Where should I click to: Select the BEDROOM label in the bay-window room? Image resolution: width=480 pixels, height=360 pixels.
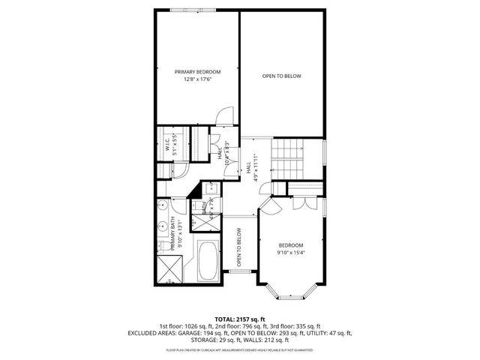pyautogui.click(x=291, y=245)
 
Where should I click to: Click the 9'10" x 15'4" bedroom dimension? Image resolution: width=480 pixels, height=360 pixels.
pyautogui.click(x=291, y=253)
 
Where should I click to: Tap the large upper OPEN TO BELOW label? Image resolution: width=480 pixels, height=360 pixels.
pyautogui.click(x=281, y=76)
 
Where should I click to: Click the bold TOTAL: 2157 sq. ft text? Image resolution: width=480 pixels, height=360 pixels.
pyautogui.click(x=240, y=319)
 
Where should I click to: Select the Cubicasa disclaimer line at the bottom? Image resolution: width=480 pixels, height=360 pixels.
pyautogui.click(x=240, y=349)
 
